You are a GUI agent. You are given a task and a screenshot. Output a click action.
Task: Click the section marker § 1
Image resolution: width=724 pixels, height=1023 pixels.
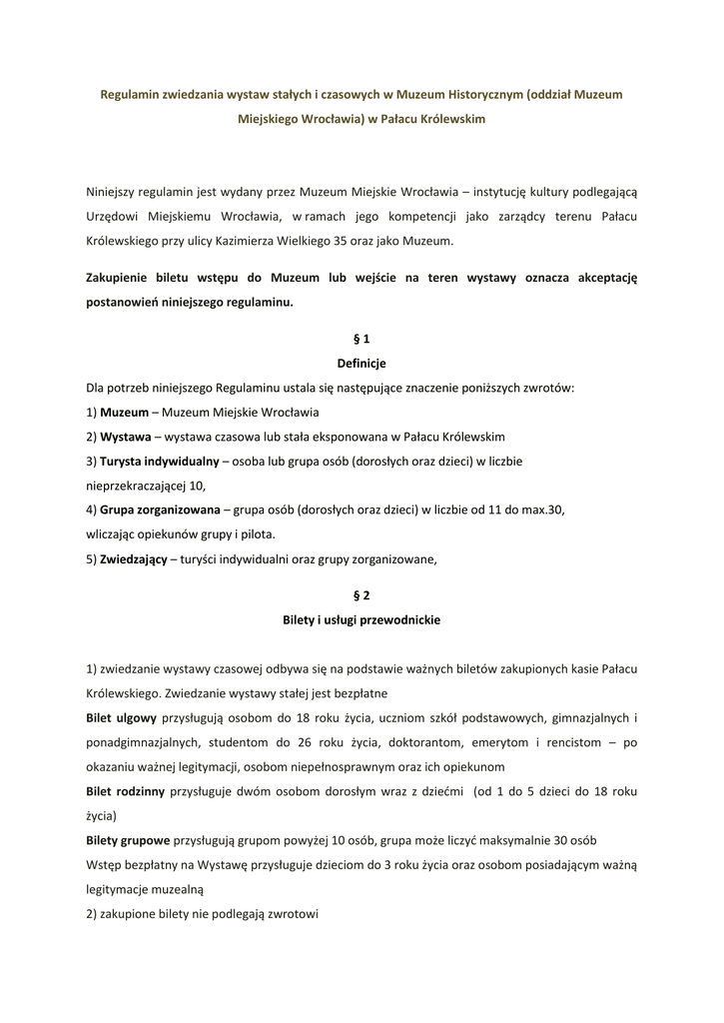[362, 339]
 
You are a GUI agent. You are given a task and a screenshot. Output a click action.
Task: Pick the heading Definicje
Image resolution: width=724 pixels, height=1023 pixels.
[362, 363]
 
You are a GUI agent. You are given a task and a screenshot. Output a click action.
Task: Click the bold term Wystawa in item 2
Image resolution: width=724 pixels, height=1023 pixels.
[125, 437]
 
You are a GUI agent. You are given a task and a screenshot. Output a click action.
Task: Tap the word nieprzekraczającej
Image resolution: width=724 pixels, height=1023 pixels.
[136, 486]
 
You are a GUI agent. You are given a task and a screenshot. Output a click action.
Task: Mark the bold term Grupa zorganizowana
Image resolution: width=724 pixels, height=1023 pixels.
[160, 510]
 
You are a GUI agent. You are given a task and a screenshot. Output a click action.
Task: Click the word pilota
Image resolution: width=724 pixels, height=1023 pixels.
[254, 533]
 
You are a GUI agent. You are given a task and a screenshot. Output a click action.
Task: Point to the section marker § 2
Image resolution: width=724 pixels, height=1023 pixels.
[362, 595]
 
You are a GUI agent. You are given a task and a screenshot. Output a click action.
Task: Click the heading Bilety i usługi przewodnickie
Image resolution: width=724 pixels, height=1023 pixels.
[362, 619]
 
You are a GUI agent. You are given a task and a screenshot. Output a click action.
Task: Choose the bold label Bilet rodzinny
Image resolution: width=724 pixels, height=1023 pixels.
[126, 791]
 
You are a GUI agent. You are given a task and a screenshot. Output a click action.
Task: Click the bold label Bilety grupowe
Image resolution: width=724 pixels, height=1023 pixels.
[128, 839]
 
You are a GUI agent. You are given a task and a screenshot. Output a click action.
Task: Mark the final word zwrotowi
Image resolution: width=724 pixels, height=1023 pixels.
[291, 912]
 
